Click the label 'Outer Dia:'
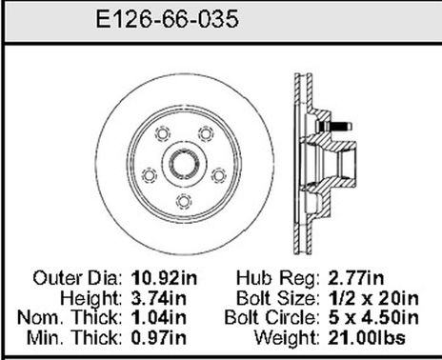click(x=77, y=279)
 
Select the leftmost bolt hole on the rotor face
click(x=148, y=172)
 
